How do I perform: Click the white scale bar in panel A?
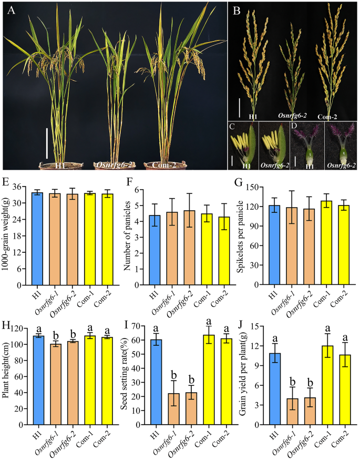(x=47, y=142)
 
